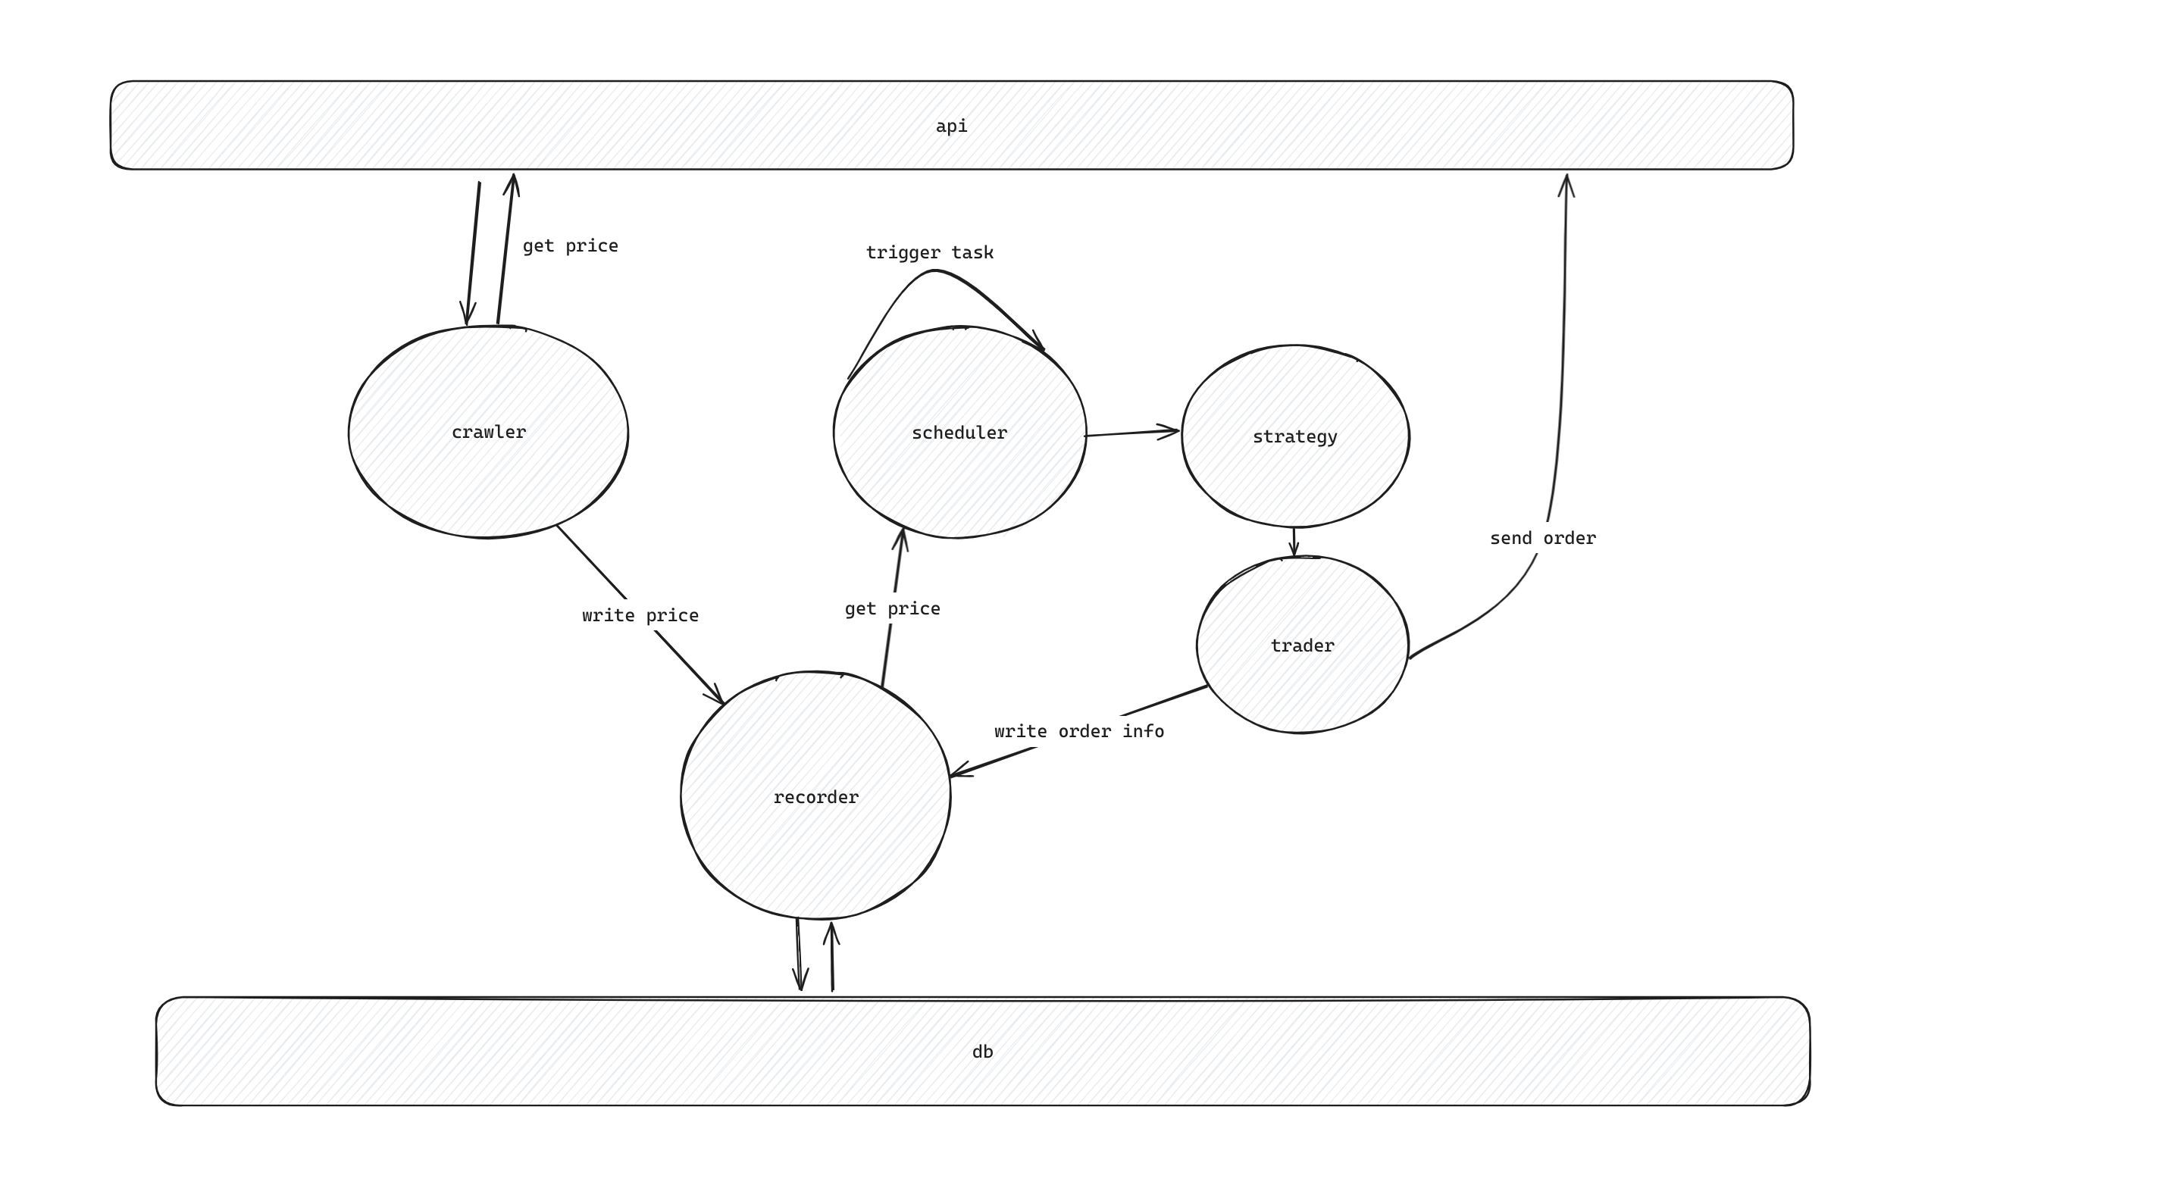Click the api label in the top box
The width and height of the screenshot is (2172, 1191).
(x=951, y=127)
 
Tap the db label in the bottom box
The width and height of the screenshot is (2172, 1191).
(x=982, y=1052)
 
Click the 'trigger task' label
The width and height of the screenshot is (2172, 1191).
(x=929, y=253)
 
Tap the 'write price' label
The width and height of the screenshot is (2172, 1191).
(x=640, y=616)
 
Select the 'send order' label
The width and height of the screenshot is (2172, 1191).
(x=1542, y=539)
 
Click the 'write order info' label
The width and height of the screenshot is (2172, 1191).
(x=1078, y=732)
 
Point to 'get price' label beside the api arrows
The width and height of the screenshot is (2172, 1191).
(x=570, y=246)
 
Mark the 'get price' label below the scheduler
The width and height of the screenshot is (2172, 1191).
(x=892, y=608)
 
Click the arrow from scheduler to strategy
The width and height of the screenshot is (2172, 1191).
(x=1131, y=433)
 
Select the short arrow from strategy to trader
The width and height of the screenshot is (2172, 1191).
(x=1294, y=541)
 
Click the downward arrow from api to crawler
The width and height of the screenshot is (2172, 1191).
(x=473, y=253)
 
